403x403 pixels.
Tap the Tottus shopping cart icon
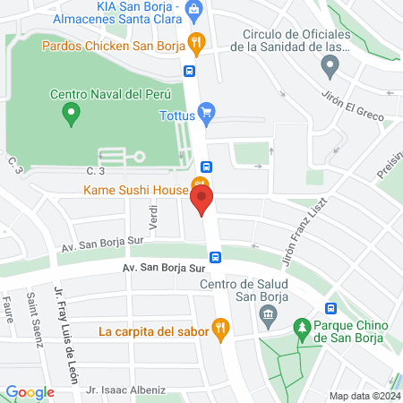tap(207, 114)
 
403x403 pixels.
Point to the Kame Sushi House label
tap(135, 190)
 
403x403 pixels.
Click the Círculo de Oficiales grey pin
tap(330, 64)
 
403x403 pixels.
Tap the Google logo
tap(30, 391)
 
